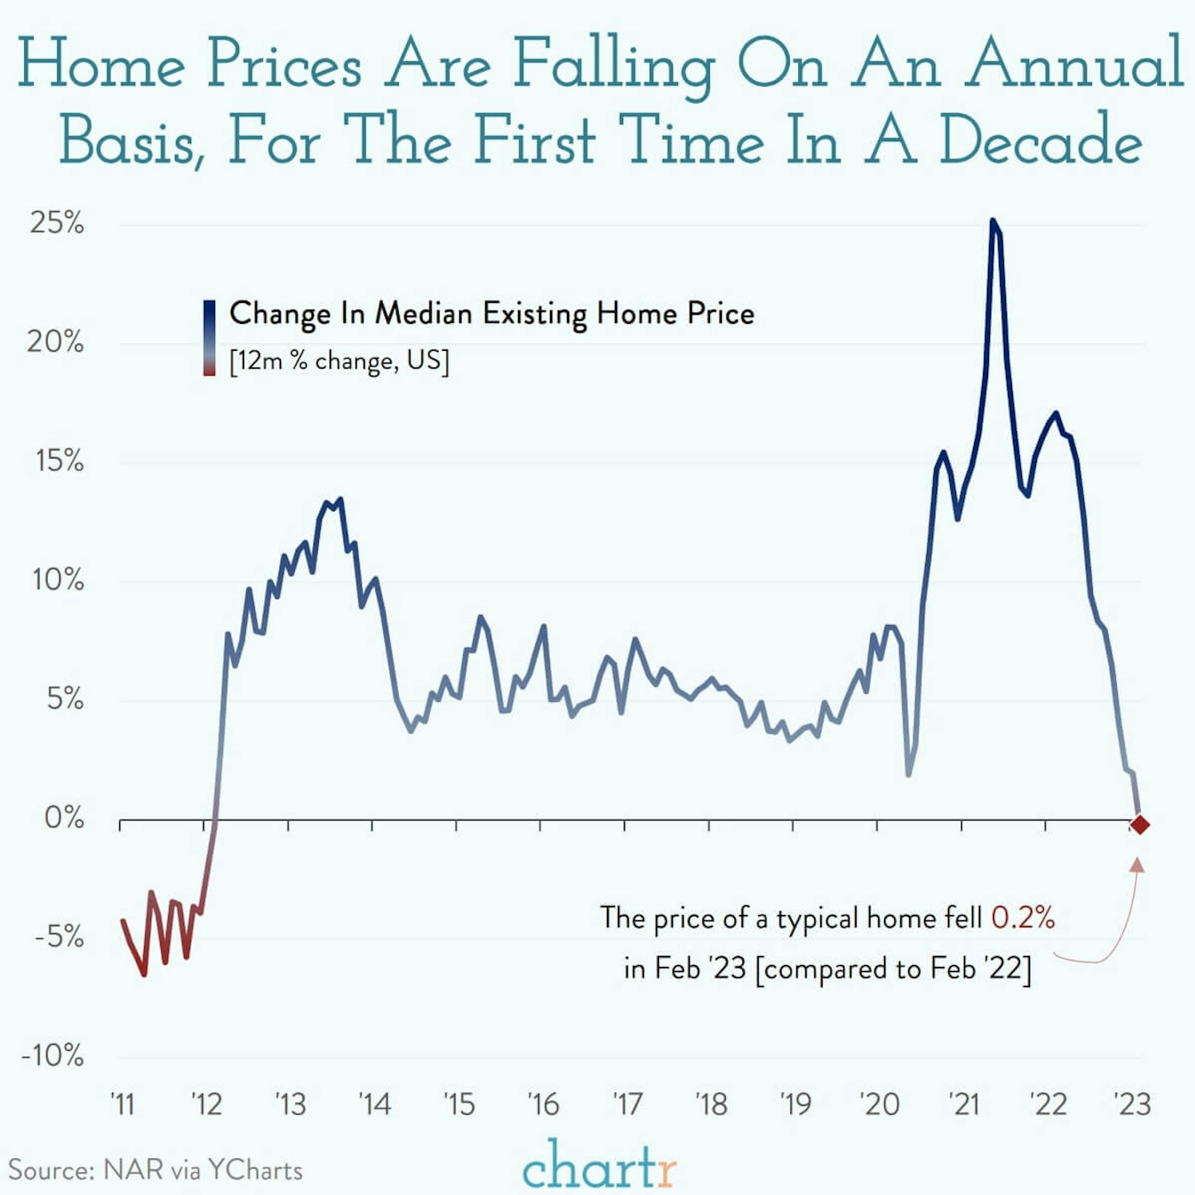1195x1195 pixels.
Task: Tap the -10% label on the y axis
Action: (53, 1055)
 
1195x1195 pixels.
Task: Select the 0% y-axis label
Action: (64, 818)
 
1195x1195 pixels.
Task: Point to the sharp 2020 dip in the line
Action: (908, 774)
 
